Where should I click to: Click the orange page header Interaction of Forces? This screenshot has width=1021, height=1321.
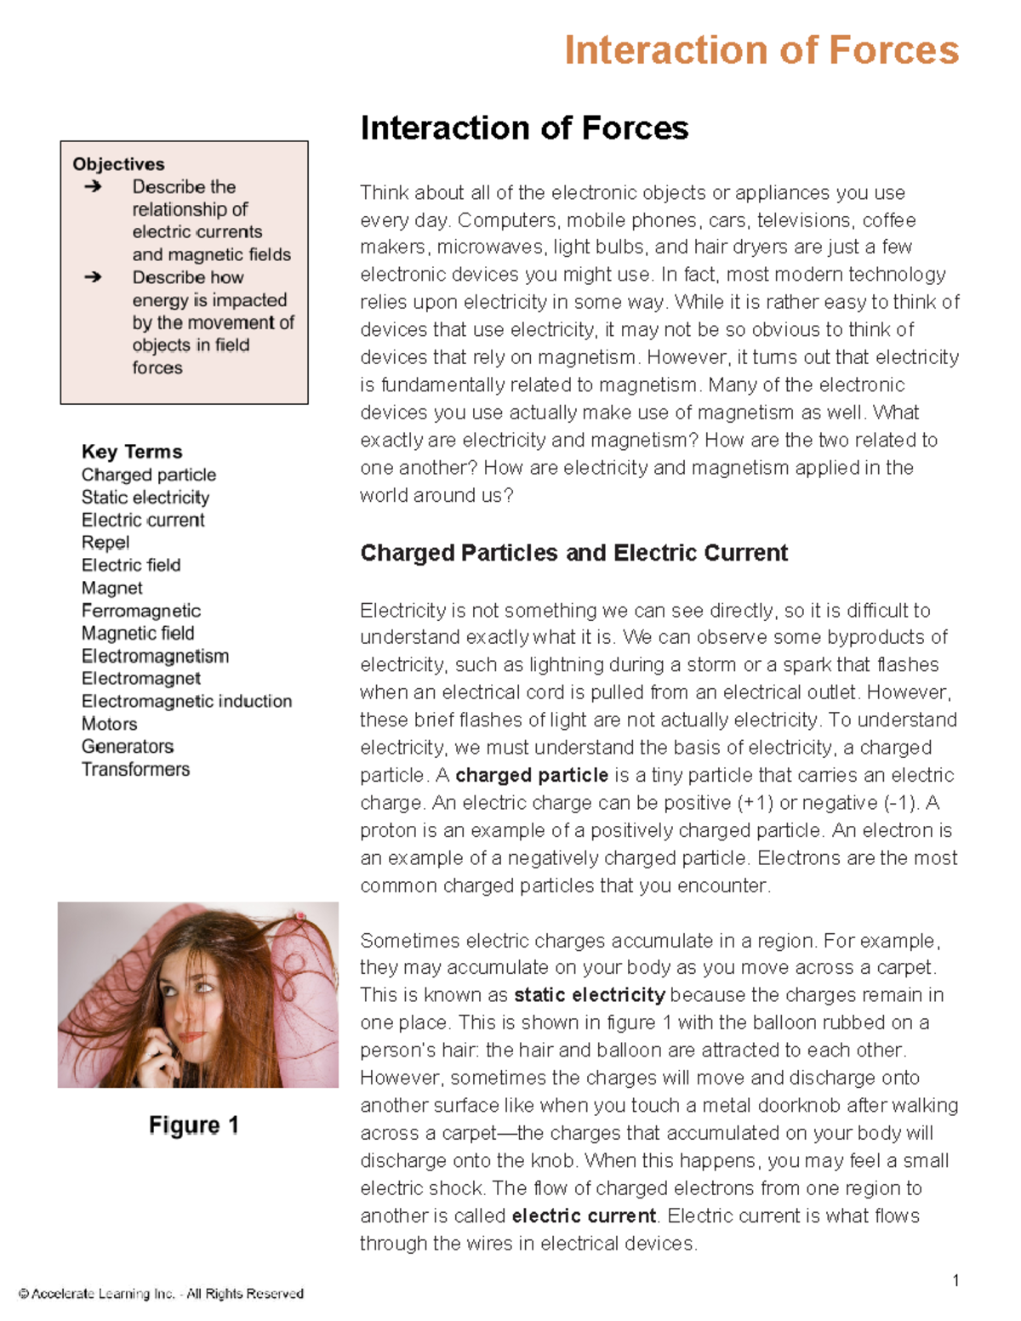tap(761, 50)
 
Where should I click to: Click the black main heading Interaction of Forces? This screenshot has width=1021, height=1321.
tap(524, 128)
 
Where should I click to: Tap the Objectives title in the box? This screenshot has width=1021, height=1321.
tap(118, 164)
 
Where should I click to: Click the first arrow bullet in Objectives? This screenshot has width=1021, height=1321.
tap(93, 186)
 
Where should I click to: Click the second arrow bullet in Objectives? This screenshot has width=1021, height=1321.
tap(93, 277)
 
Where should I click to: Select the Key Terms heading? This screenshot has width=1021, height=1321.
tap(132, 452)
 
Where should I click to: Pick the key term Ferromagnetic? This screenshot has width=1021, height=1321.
tap(141, 611)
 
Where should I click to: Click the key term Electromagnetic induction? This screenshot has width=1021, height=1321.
tap(186, 701)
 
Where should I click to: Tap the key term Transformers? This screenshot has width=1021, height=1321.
tap(135, 769)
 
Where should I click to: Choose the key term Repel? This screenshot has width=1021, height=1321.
tap(106, 543)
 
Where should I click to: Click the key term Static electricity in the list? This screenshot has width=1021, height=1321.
tap(145, 498)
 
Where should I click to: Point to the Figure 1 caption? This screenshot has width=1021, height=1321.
tap(194, 1125)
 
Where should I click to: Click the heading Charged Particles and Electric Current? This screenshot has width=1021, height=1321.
tap(573, 553)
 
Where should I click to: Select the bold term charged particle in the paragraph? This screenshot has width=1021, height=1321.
tap(532, 775)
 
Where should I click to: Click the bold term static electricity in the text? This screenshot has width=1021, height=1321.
tap(590, 995)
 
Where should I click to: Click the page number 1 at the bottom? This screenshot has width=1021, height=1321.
tap(956, 1280)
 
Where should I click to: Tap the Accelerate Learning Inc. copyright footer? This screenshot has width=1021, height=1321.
tap(161, 1294)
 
